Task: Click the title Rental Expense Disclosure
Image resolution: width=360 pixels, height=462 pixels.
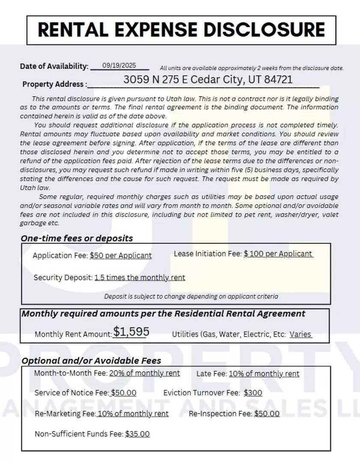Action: [181, 30]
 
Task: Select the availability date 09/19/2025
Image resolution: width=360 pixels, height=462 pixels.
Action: [119, 65]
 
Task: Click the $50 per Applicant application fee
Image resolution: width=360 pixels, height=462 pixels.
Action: [121, 256]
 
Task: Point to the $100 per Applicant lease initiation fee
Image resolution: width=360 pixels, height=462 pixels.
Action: [278, 254]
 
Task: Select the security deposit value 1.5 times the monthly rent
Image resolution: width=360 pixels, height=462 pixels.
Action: [140, 278]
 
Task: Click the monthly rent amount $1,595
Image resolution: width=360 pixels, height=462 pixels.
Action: [131, 332]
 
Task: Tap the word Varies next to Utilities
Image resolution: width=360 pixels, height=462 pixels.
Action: [300, 335]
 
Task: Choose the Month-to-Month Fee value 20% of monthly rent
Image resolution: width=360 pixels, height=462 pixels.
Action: [144, 373]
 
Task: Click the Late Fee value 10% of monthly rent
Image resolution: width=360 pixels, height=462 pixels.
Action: [264, 374]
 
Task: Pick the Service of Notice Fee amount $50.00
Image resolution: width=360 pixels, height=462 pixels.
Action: [123, 393]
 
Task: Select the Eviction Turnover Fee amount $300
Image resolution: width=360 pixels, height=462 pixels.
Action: [253, 393]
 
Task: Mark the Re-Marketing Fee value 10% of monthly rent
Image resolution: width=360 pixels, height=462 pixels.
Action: [133, 414]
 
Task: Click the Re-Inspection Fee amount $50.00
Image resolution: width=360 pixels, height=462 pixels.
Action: [266, 414]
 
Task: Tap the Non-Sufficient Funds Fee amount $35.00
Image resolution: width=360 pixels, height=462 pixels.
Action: [137, 434]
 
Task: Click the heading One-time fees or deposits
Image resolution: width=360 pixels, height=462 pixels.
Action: [77, 238]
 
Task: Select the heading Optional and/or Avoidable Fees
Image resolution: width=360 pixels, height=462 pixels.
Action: [91, 361]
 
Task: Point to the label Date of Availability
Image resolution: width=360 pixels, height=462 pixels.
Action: [54, 66]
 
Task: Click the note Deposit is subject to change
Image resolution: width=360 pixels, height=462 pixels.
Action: [191, 296]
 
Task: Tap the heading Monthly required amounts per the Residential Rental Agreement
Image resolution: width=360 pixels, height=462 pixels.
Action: [163, 314]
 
